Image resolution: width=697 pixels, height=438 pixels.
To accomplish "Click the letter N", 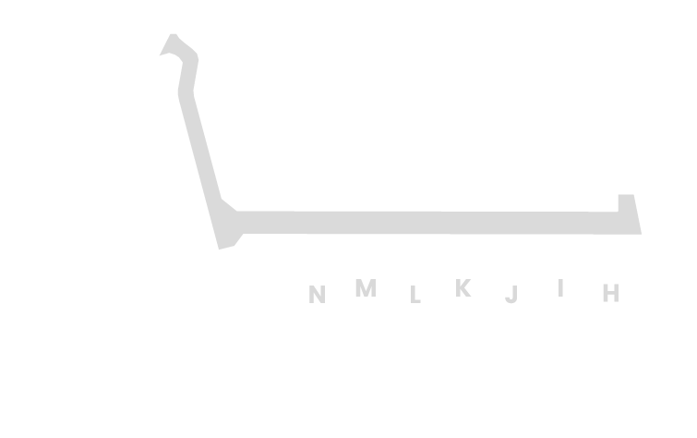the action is pyautogui.click(x=317, y=294).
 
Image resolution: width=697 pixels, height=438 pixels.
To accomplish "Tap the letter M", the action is pyautogui.click(x=366, y=287).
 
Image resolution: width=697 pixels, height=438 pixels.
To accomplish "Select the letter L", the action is pyautogui.click(x=415, y=294).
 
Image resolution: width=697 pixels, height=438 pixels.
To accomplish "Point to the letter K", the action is pyautogui.click(x=463, y=287).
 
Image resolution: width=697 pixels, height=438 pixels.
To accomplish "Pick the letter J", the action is pyautogui.click(x=511, y=294).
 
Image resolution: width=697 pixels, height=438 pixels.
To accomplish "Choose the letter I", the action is pyautogui.click(x=560, y=287).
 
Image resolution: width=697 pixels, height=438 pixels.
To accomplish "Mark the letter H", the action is pyautogui.click(x=611, y=293).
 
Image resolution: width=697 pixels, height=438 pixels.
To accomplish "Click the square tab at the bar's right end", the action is pyautogui.click(x=626, y=202).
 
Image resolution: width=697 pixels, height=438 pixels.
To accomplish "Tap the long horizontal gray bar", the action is pyautogui.click(x=438, y=223).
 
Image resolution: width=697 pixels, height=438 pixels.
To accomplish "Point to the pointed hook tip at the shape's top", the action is pyautogui.click(x=160, y=55).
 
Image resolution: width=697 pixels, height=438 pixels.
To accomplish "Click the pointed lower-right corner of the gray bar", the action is pyautogui.click(x=642, y=234).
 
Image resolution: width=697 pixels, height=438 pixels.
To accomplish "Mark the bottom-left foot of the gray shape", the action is pyautogui.click(x=219, y=249).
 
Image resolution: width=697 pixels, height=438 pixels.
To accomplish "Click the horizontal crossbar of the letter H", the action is pyautogui.click(x=611, y=292).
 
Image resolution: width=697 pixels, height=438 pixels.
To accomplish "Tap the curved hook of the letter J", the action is pyautogui.click(x=511, y=301).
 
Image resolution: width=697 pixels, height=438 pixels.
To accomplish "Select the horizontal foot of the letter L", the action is pyautogui.click(x=417, y=302).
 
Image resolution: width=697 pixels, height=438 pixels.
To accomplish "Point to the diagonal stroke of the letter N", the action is pyautogui.click(x=317, y=294).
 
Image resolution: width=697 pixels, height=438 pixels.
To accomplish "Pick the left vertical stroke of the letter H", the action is pyautogui.click(x=605, y=293).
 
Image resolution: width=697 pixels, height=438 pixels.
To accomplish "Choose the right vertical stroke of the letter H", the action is pyautogui.click(x=617, y=293).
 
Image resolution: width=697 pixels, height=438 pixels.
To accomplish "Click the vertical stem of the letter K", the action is pyautogui.click(x=458, y=287).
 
